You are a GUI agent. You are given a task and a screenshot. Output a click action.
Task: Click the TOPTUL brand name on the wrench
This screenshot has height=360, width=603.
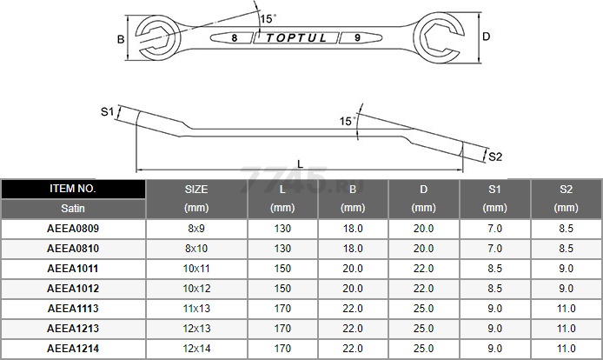296,37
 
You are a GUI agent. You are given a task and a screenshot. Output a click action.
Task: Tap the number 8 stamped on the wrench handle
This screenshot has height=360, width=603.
235,37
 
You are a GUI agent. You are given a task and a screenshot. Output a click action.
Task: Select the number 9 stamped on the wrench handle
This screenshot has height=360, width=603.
357,37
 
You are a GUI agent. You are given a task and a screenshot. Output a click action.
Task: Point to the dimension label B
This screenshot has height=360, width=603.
121,39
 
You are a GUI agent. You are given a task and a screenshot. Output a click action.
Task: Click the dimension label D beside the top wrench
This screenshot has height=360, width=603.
486,37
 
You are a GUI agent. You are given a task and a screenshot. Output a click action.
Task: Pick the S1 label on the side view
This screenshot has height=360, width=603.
107,111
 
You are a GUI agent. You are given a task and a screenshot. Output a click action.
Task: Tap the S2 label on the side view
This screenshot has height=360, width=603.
495,157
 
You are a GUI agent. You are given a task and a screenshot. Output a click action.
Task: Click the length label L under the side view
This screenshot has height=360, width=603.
301,164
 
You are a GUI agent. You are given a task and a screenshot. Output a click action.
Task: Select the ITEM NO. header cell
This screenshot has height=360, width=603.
73,189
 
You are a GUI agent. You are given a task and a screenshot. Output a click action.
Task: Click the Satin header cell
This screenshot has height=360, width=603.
73,209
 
